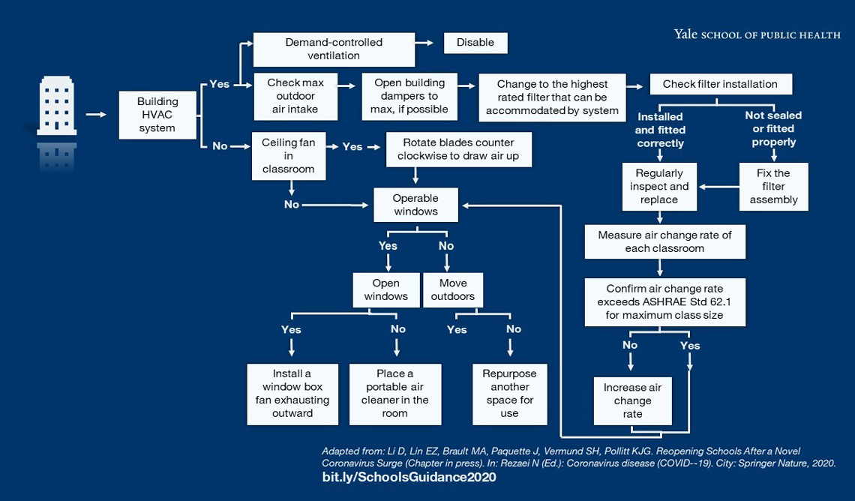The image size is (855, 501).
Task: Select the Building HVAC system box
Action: coord(157,115)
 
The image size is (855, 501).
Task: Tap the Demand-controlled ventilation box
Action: coord(334,49)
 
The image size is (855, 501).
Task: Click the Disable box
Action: coord(475,43)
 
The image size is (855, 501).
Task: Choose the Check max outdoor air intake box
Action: coord(295,96)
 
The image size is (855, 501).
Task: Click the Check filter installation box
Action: coord(720,84)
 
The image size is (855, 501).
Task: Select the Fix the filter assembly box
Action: coord(773,187)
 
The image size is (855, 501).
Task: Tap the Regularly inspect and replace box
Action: coord(659,187)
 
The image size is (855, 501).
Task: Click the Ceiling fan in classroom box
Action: coord(289,156)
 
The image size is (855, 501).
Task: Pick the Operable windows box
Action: coord(415,205)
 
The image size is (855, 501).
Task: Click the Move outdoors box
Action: coord(453,289)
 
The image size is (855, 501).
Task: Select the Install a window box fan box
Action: coord(292,394)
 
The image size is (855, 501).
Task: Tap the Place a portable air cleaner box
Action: coord(395,394)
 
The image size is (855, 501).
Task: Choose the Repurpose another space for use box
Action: coord(510,394)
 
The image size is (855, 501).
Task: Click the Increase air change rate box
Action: coord(633,400)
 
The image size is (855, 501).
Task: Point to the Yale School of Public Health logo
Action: coord(756,34)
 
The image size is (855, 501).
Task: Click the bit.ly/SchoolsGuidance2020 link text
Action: coord(409,478)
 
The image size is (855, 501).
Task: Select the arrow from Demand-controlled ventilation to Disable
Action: coord(425,43)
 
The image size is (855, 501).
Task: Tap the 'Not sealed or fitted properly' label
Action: coord(772,128)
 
